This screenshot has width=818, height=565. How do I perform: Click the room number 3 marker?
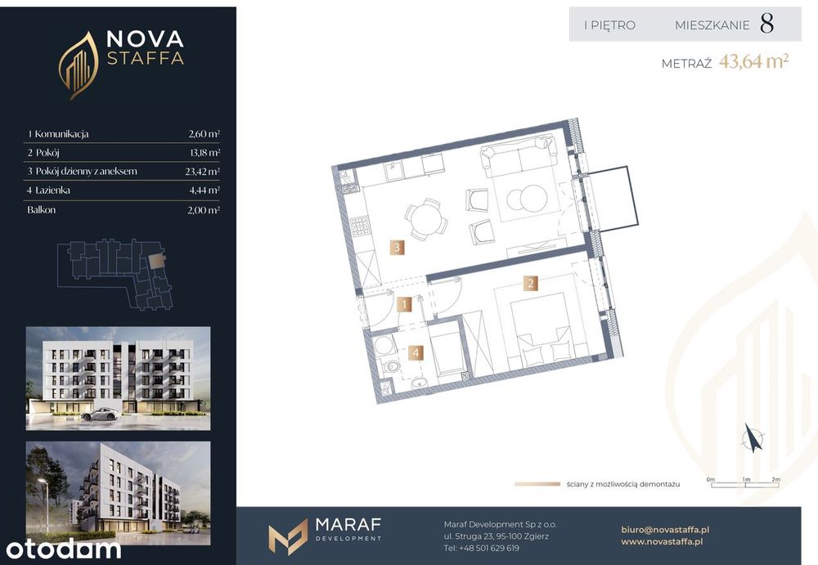tap(397, 247)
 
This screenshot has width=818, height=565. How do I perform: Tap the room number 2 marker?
tap(531, 283)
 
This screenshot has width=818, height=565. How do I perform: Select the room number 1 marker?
tap(404, 304)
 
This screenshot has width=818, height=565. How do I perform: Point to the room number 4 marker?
tap(416, 352)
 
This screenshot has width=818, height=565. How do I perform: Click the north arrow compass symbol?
tap(753, 437)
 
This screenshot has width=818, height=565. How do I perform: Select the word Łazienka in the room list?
tap(52, 190)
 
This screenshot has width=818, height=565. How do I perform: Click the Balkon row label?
tap(41, 209)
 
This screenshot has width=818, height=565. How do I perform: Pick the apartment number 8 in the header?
tap(767, 24)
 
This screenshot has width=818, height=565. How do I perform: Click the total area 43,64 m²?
tap(754, 61)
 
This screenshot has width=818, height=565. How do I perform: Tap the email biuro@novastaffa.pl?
tap(665, 530)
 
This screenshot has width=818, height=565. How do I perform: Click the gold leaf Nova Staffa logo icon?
tap(79, 65)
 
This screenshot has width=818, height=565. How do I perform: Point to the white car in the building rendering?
tap(101, 415)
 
